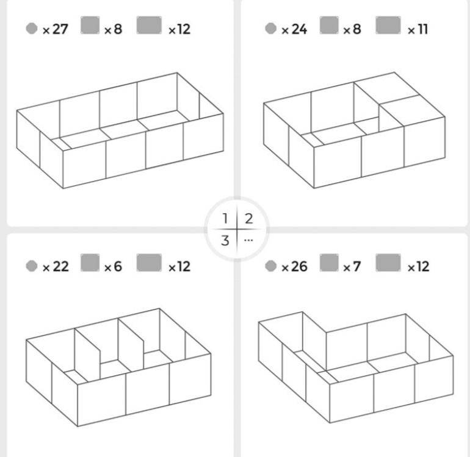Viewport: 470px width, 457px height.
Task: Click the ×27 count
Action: [x=56, y=29]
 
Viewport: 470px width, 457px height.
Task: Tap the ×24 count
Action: [x=294, y=29]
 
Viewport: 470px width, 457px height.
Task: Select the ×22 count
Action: [x=56, y=266]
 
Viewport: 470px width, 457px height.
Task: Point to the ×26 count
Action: [x=294, y=266]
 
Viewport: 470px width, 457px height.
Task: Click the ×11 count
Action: [x=418, y=29]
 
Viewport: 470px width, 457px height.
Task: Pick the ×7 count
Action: [x=352, y=266]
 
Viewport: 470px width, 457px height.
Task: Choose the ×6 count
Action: [x=113, y=266]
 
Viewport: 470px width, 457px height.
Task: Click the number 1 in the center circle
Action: [x=225, y=219]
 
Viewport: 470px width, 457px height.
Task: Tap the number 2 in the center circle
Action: [x=249, y=219]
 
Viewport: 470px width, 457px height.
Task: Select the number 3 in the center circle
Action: [x=225, y=240]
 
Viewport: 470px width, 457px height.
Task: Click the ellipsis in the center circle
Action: [x=248, y=240]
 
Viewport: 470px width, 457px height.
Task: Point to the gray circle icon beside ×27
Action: [x=32, y=29]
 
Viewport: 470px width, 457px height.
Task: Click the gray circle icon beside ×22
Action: [x=32, y=266]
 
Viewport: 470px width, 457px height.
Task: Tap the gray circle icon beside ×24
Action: [x=270, y=29]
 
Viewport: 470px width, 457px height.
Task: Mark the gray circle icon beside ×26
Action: [x=270, y=266]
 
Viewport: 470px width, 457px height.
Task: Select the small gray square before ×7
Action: [x=329, y=263]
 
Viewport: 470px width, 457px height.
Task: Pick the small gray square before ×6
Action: [x=90, y=263]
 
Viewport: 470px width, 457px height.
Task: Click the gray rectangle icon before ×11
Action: [x=388, y=25]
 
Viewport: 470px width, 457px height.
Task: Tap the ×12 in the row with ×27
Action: [x=179, y=29]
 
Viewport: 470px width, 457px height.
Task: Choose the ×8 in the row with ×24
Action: [x=352, y=29]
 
